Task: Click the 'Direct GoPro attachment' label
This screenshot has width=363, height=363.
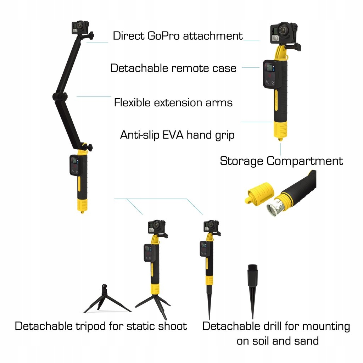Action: [x=178, y=36]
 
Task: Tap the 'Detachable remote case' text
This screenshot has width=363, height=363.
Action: [x=173, y=68]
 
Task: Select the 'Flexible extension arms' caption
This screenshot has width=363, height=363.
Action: [x=173, y=102]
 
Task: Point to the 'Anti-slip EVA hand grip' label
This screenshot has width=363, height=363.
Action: [x=177, y=135]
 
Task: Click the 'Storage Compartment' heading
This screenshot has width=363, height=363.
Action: [x=281, y=161]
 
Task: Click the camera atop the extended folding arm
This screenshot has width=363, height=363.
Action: [x=80, y=27]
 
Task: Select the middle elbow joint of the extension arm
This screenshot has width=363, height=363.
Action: [x=60, y=96]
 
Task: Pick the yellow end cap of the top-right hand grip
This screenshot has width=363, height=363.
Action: [x=279, y=131]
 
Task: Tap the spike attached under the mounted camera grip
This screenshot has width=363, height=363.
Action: [x=209, y=301]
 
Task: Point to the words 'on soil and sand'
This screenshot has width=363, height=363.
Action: [x=278, y=341]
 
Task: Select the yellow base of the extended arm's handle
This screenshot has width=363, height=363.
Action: [x=82, y=205]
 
